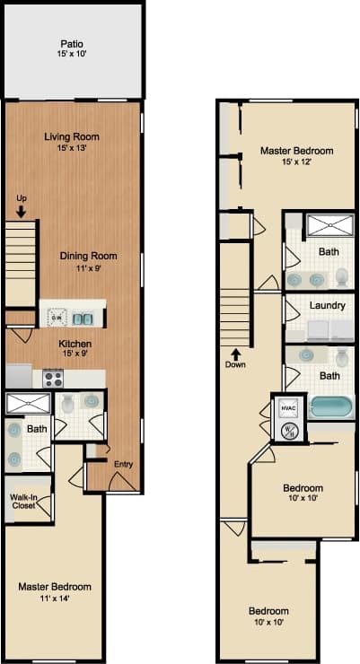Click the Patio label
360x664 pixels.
pyautogui.click(x=73, y=43)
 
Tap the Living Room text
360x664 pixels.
pyautogui.click(x=72, y=137)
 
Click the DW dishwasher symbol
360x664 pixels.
pyautogui.click(x=56, y=318)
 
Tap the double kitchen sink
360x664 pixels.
pyautogui.click(x=83, y=318)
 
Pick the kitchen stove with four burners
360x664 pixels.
pyautogui.click(x=53, y=378)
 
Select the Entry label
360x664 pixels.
pyautogui.click(x=123, y=463)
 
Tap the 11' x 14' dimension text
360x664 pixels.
pyautogui.click(x=55, y=598)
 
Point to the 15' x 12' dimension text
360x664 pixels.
pyautogui.click(x=297, y=162)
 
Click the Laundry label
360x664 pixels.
pyautogui.click(x=328, y=305)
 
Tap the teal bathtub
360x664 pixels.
pyautogui.click(x=332, y=408)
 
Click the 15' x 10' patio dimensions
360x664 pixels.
pyautogui.click(x=73, y=55)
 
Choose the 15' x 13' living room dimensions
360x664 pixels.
pyautogui.click(x=72, y=149)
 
